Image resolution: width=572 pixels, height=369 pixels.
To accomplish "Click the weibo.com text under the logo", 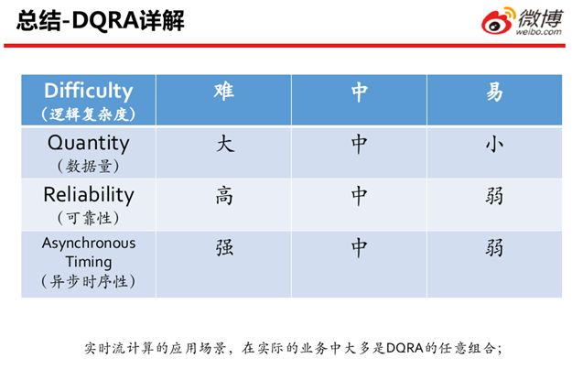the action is click(538, 32).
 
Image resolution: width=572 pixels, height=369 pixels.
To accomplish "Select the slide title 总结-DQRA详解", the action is click(101, 20).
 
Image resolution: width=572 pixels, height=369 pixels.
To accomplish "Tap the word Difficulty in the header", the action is click(88, 91).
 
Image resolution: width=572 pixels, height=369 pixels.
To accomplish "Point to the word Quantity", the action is click(88, 143).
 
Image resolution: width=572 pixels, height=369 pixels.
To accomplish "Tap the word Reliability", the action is click(89, 194).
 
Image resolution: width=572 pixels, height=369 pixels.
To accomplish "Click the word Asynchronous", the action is click(89, 243).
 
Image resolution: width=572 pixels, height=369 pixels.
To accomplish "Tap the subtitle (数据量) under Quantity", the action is click(88, 167).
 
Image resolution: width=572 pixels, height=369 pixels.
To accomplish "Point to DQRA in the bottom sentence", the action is click(405, 348).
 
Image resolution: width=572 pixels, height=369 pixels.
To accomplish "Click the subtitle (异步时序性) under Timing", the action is click(88, 282).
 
